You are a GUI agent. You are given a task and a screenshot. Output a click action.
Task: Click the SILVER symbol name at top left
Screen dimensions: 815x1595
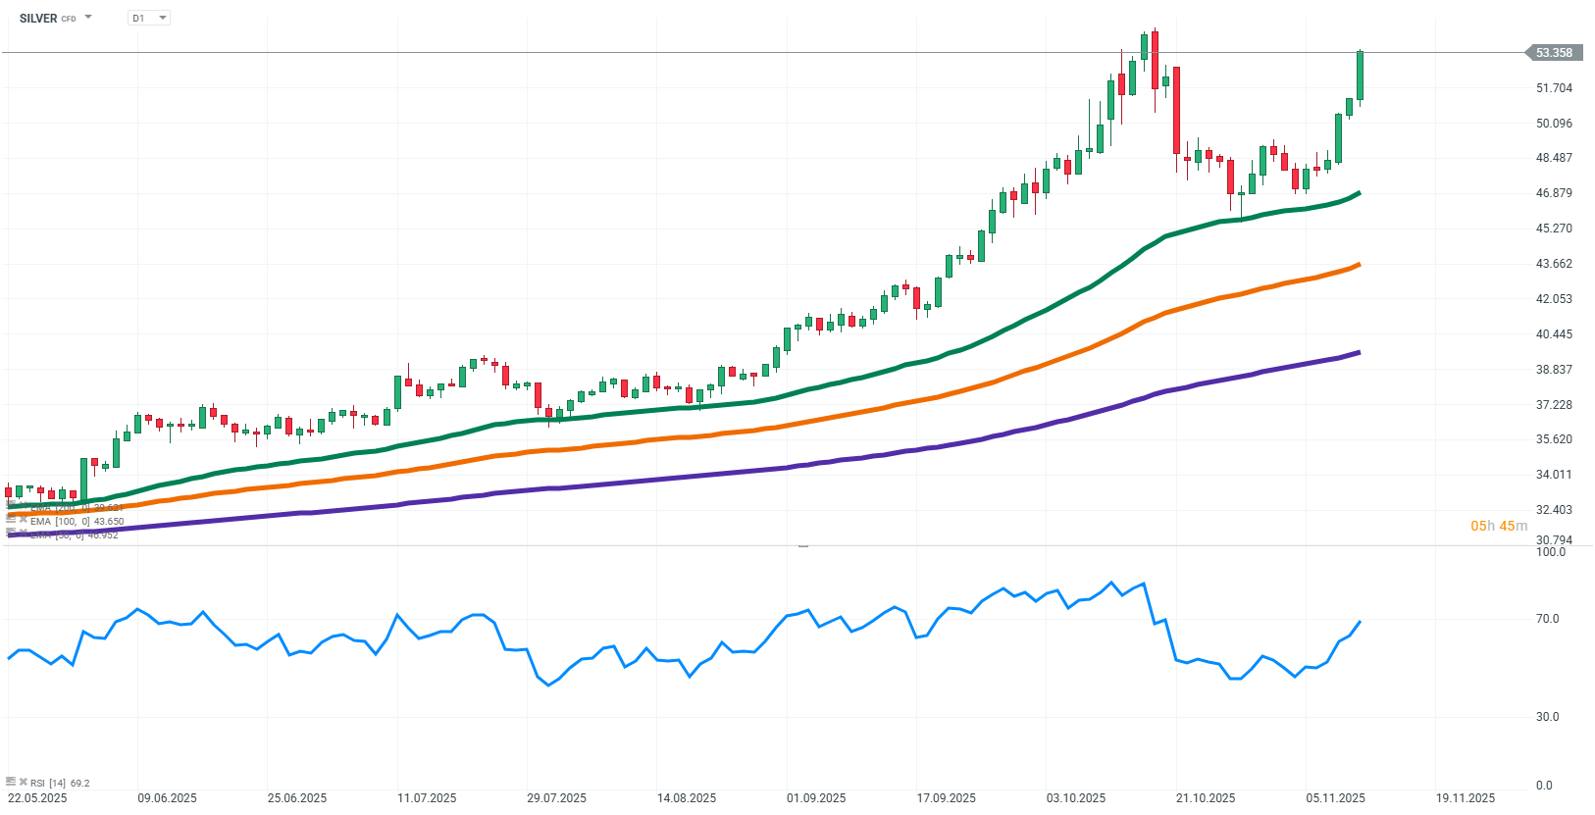(38, 18)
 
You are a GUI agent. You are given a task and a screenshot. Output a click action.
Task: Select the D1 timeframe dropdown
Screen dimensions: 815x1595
(148, 18)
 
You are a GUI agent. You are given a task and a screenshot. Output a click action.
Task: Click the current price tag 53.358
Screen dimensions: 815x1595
(1553, 53)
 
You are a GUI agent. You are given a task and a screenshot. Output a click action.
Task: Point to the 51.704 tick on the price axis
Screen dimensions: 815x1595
(1554, 88)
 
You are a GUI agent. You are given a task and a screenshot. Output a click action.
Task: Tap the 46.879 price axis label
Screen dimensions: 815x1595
(1554, 193)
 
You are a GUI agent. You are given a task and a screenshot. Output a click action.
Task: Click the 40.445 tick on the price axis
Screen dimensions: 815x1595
(1554, 334)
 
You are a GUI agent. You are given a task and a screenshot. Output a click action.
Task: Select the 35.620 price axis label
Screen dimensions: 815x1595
(1554, 439)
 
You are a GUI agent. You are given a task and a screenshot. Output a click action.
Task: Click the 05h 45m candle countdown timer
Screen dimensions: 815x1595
(1498, 527)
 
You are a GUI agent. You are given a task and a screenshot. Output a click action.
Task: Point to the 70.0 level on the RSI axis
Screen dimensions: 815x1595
(1547, 619)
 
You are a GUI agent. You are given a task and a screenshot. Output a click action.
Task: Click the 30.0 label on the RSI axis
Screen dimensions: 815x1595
(1547, 717)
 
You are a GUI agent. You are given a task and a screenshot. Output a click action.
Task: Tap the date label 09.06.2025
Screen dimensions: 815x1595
(167, 798)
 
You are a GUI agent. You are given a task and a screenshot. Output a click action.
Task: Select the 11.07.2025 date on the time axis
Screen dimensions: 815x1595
(427, 798)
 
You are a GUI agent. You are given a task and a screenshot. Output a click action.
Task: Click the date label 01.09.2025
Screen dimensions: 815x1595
(816, 798)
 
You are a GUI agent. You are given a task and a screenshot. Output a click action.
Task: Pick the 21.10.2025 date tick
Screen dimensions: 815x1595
(1206, 798)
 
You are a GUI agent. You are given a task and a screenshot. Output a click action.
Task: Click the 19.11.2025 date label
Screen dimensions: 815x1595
(1465, 798)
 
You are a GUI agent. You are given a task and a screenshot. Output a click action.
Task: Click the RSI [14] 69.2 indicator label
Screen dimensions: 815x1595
(59, 783)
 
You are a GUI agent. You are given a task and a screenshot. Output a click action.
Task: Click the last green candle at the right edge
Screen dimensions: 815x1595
(1360, 76)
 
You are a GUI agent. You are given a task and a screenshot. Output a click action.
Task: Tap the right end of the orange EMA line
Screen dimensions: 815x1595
(1358, 265)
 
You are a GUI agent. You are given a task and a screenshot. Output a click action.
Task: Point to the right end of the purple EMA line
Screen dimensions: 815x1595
(1358, 352)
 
